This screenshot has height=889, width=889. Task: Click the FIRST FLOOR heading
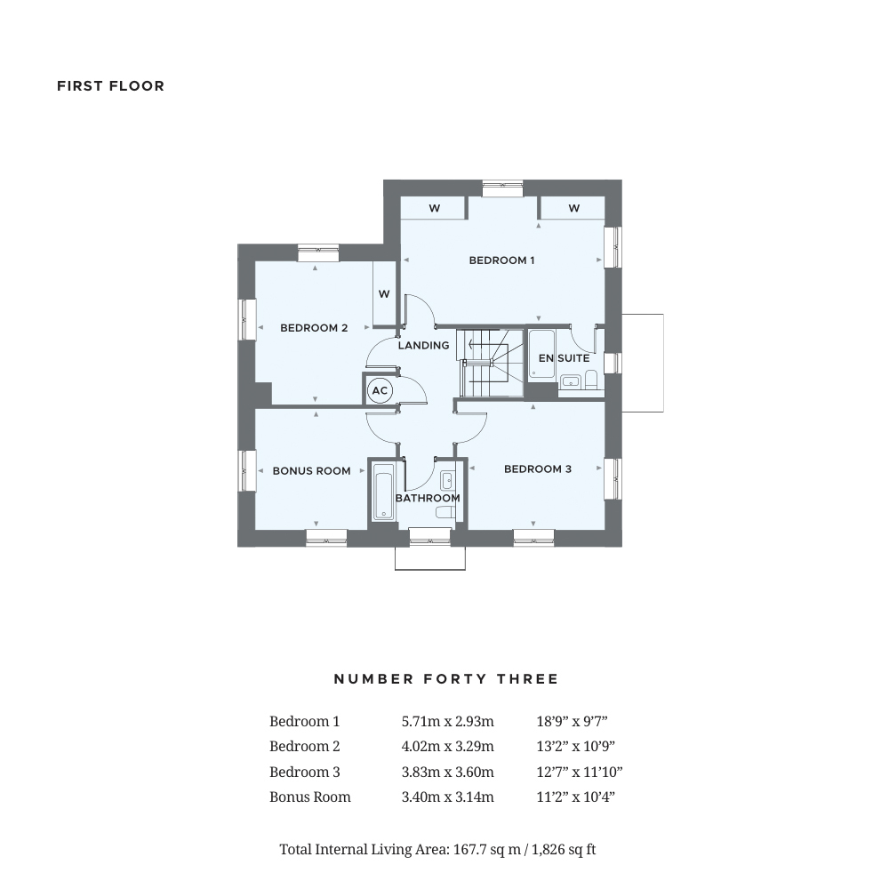(110, 86)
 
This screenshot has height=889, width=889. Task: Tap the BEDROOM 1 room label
(501, 260)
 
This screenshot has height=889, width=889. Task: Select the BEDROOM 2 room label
(314, 328)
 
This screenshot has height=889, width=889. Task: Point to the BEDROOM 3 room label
(537, 469)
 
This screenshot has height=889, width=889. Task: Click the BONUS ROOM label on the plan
(311, 470)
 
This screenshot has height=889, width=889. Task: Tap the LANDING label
(423, 345)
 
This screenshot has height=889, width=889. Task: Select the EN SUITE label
(564, 358)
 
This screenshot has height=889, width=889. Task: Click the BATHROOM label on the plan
(428, 498)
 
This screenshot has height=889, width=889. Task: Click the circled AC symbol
(380, 390)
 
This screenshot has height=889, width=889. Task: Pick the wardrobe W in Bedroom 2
(384, 294)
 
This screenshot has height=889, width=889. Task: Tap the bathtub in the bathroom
(383, 491)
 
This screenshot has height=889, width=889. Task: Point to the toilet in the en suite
(591, 381)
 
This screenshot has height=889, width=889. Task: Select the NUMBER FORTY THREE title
(446, 679)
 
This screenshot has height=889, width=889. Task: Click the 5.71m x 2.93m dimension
(447, 722)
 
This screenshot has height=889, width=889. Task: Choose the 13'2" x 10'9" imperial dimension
(575, 747)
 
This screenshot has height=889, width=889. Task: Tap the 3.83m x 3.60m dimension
(447, 772)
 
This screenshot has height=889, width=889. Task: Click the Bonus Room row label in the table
(309, 797)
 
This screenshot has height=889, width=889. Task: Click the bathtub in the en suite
(541, 354)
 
